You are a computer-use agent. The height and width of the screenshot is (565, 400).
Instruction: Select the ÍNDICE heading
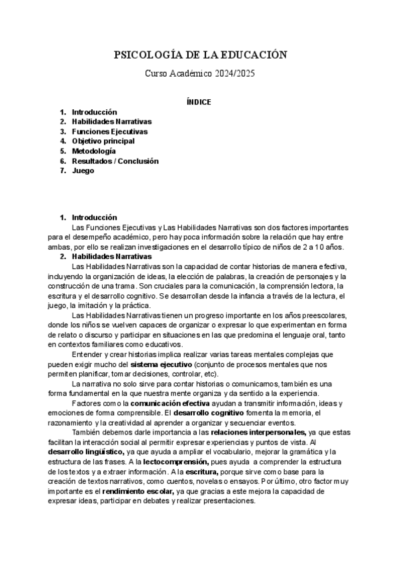(x=199, y=102)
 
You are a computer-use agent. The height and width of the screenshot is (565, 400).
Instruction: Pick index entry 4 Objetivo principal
(x=103, y=141)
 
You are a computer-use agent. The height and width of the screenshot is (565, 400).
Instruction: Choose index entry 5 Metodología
(x=98, y=151)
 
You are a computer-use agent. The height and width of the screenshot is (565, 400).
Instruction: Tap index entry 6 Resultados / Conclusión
(x=115, y=161)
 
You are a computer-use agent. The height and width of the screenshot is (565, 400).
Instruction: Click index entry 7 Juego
(x=83, y=171)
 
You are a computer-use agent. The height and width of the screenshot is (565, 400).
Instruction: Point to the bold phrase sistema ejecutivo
(x=161, y=365)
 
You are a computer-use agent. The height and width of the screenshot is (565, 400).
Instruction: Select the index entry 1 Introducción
(x=94, y=112)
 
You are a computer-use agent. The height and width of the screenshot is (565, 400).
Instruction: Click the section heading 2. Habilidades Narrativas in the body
(x=111, y=257)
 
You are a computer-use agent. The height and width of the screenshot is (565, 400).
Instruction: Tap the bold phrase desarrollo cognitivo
(x=205, y=414)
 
